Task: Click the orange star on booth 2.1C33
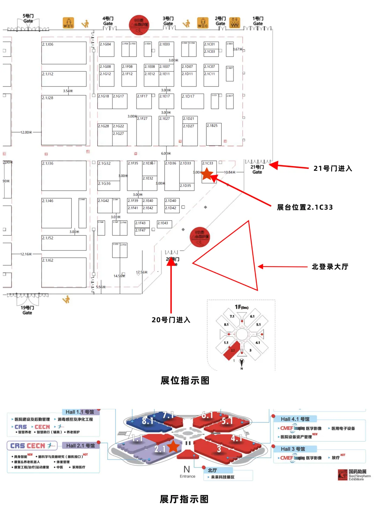coord(207,173)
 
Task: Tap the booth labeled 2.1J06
coord(64,53)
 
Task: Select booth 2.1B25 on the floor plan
coord(214,134)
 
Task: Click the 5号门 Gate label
coord(28,18)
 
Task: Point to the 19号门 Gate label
coord(27,310)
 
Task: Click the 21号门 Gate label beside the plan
coord(257,170)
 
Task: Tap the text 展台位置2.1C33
coord(305,207)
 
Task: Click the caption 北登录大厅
coord(330,267)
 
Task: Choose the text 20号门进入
coord(171,320)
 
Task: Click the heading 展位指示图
coord(185,380)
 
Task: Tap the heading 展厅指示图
coord(184,499)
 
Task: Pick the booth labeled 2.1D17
coord(192,101)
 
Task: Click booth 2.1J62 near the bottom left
coord(64,272)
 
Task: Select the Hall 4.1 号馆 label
coord(295,419)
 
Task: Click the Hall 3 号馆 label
coord(293,449)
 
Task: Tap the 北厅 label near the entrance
coord(213,470)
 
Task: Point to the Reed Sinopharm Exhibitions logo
coord(354,475)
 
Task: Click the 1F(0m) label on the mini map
coord(242,307)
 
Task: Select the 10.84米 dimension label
coord(230,172)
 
